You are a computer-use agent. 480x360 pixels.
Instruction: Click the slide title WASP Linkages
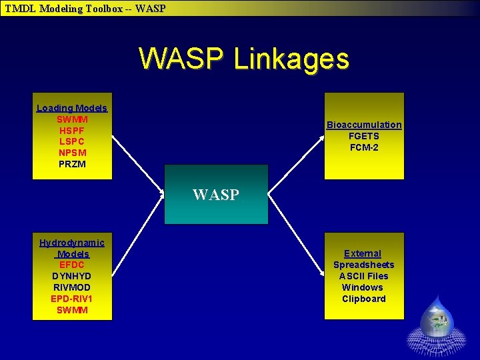pyautogui.click(x=243, y=59)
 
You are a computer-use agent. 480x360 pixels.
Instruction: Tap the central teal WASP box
pyautogui.click(x=216, y=195)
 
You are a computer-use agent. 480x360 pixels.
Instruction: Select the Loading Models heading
pyautogui.click(x=72, y=108)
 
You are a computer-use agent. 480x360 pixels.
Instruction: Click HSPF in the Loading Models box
pyautogui.click(x=72, y=131)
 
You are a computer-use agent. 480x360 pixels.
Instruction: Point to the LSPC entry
pyautogui.click(x=72, y=141)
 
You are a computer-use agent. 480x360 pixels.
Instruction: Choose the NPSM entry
pyautogui.click(x=72, y=153)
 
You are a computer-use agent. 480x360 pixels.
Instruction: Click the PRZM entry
pyautogui.click(x=72, y=164)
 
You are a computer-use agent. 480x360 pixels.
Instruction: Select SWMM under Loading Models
pyautogui.click(x=72, y=119)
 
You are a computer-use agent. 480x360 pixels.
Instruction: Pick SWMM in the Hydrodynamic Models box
pyautogui.click(x=72, y=310)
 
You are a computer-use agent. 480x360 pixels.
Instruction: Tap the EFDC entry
pyautogui.click(x=72, y=265)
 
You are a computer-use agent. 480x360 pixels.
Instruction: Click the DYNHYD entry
pyautogui.click(x=72, y=276)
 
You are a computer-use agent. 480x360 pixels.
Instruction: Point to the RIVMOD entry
pyautogui.click(x=72, y=287)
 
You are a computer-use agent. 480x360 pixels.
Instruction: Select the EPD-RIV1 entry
pyautogui.click(x=72, y=299)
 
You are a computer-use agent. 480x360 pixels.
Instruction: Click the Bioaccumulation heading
pyautogui.click(x=364, y=125)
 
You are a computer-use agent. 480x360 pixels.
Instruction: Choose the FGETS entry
pyautogui.click(x=364, y=136)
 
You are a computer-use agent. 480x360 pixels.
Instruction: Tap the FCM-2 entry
pyautogui.click(x=364, y=147)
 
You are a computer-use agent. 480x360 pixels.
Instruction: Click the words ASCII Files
pyautogui.click(x=364, y=276)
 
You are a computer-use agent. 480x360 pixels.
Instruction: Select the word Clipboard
pyautogui.click(x=364, y=299)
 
